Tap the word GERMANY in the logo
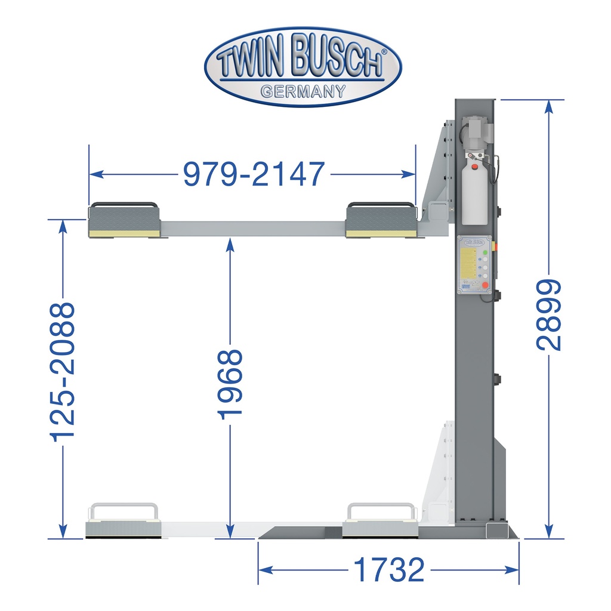coord(303,91)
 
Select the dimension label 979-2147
coord(254,174)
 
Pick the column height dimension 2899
coord(548,315)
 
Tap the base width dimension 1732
coord(388,570)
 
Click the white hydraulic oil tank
coord(474,191)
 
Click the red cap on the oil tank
coord(475,168)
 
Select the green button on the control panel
coord(485,253)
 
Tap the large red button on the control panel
coord(486,285)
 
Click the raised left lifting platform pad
coord(124,221)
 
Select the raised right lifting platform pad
coord(380,221)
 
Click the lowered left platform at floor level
coord(124,527)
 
